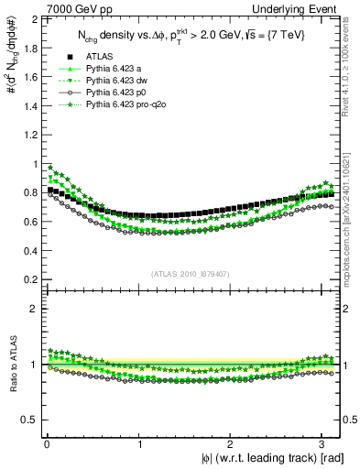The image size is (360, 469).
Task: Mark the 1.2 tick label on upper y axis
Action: tap(31, 136)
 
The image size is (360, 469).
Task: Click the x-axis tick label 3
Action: tap(322, 445)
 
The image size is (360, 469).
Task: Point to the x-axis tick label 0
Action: tap(46, 445)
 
